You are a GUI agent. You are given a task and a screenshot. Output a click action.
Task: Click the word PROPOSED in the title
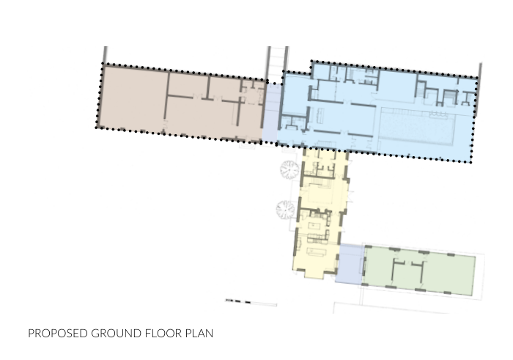pyautogui.click(x=57, y=334)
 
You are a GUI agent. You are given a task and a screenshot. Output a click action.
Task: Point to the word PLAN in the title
pyautogui.click(x=199, y=334)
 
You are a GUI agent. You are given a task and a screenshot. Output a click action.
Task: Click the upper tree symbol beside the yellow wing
pyautogui.click(x=289, y=171)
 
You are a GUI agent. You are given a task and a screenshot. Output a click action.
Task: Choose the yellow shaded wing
pyautogui.click(x=320, y=213)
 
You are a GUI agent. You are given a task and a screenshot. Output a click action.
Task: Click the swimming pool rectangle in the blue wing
pyautogui.click(x=419, y=127)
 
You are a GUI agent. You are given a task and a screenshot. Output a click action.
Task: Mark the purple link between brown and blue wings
pyautogui.click(x=271, y=114)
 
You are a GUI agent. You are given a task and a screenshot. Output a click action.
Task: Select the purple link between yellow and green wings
pyautogui.click(x=350, y=264)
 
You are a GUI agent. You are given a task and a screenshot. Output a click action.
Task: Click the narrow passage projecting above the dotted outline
pyautogui.click(x=276, y=60)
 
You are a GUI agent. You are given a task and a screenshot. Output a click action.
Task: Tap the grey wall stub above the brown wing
pyautogui.click(x=106, y=55)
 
